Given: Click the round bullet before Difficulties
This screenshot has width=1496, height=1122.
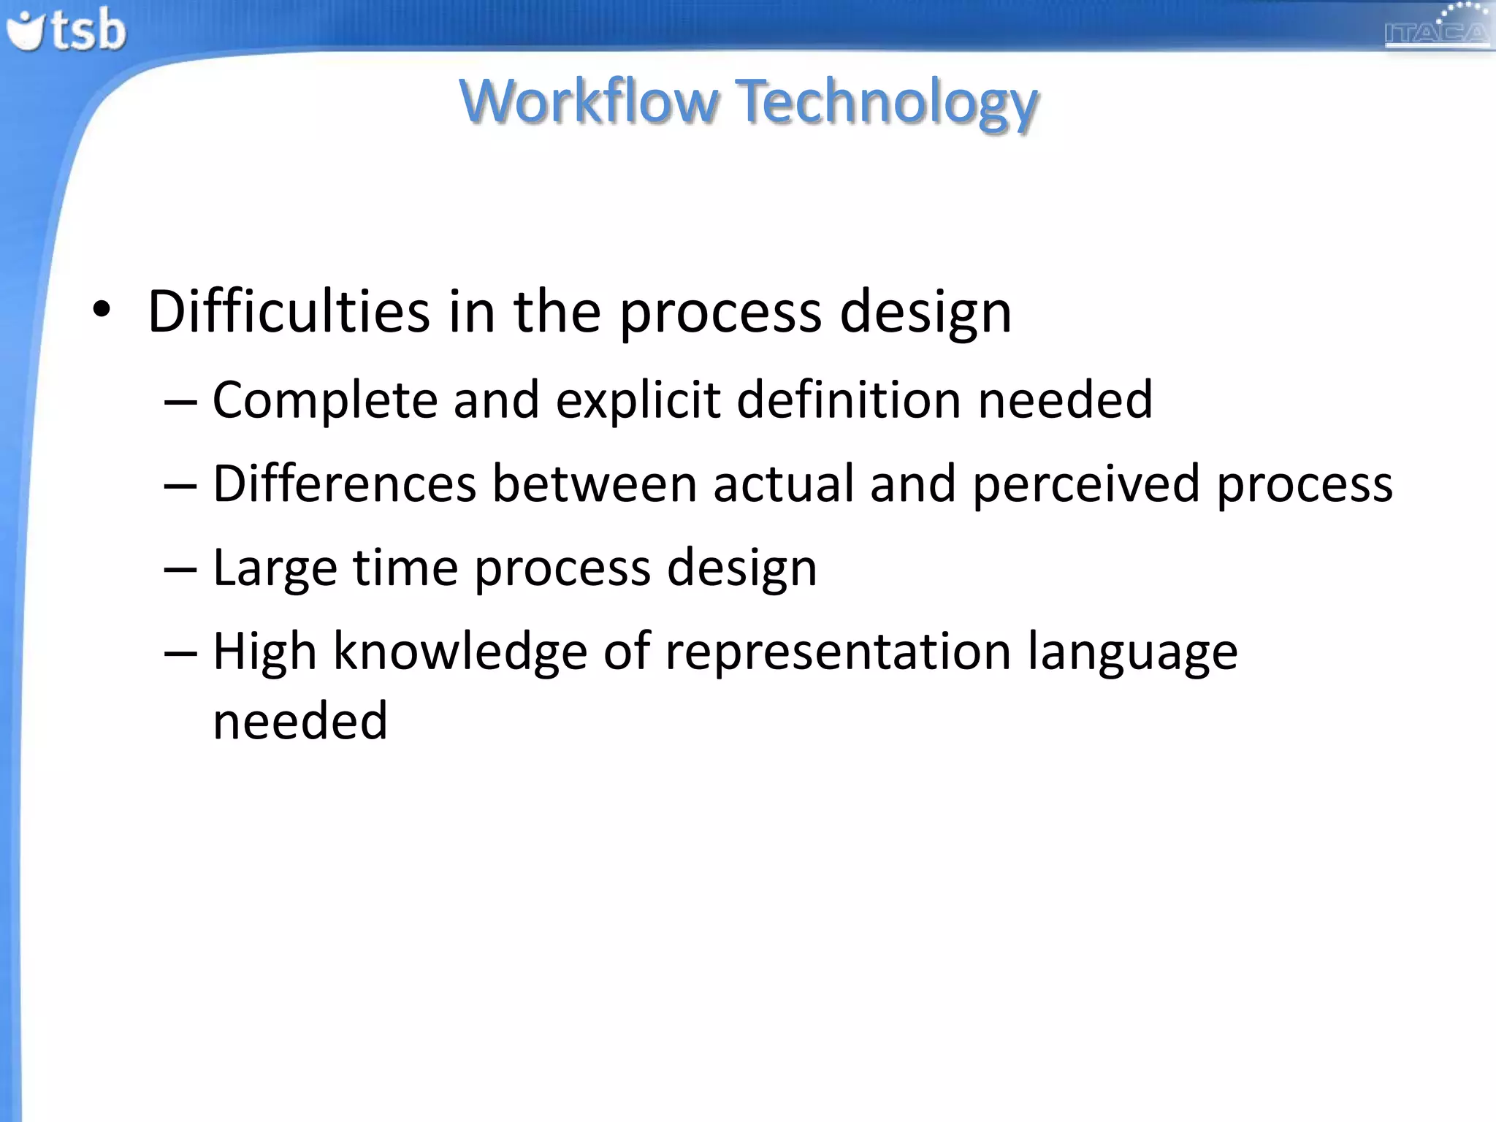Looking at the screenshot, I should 102,310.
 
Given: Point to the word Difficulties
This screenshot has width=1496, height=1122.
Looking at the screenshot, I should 289,311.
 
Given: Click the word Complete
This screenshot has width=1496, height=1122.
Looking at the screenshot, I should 324,400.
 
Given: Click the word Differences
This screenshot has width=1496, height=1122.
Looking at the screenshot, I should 344,484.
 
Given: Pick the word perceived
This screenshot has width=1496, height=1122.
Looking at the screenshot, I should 1085,485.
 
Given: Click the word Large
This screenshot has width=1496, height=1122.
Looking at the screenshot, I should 275,570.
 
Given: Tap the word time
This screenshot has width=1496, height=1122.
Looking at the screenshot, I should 405,568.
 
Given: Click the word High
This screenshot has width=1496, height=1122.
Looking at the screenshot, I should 264,652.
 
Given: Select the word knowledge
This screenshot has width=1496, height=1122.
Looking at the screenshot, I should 460,652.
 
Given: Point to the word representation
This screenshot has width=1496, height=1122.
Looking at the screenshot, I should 838,652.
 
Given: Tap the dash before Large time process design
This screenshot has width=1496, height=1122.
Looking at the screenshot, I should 180,570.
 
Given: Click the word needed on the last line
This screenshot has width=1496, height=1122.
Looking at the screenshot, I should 299,721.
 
